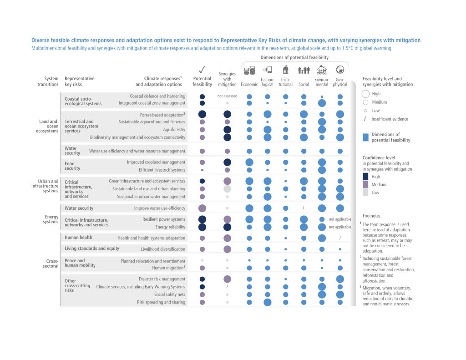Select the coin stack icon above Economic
click(x=249, y=71)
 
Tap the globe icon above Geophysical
click(x=340, y=70)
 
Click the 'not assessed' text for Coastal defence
click(x=227, y=96)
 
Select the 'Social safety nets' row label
click(x=169, y=294)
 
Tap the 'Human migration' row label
click(x=168, y=268)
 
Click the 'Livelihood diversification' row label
click(x=163, y=249)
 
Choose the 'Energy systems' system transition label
click(x=51, y=219)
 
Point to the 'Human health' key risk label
click(x=78, y=237)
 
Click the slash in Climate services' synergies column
click(x=227, y=287)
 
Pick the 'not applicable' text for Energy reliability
click(x=340, y=227)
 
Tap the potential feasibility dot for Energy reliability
click(x=202, y=227)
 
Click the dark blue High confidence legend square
click(x=366, y=176)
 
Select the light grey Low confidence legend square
click(x=366, y=193)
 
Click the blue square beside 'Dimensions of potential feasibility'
click(x=366, y=137)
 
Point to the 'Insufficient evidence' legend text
click(x=390, y=119)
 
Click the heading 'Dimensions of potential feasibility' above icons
click(x=294, y=57)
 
